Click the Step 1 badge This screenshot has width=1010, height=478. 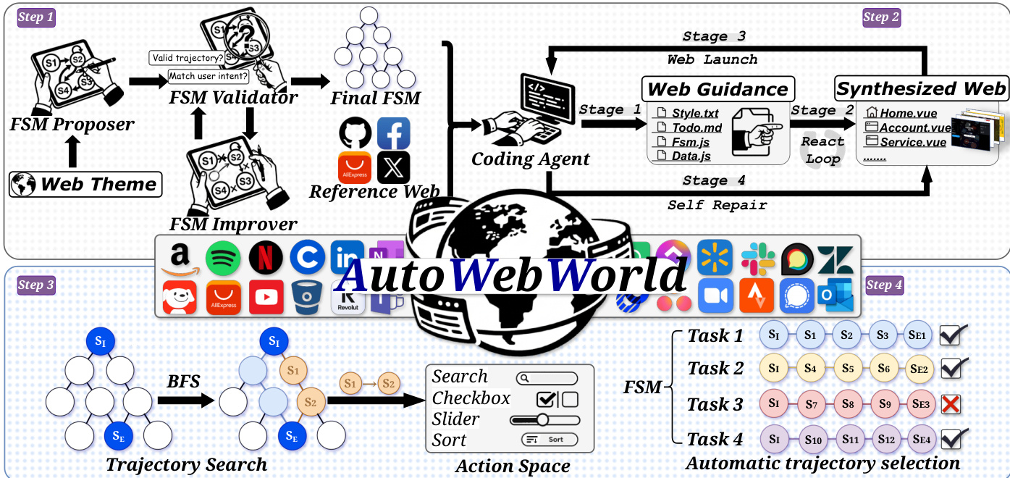tap(36, 17)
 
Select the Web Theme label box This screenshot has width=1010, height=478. tap(85, 184)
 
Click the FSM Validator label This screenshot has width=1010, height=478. tap(223, 98)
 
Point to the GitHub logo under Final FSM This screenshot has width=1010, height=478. tap(355, 133)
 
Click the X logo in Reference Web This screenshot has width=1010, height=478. tap(393, 167)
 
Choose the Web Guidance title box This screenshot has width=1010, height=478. tap(717, 89)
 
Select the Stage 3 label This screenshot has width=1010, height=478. tap(714, 36)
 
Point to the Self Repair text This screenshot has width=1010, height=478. tap(717, 205)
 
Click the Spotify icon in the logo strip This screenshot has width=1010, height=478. tap(223, 257)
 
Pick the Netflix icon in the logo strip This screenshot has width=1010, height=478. tap(266, 257)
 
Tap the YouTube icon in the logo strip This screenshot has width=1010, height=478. tap(266, 297)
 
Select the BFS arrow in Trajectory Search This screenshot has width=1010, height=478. tap(185, 400)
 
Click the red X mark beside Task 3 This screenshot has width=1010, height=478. tap(950, 403)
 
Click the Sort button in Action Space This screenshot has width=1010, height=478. tap(550, 440)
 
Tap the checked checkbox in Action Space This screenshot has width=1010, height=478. tap(547, 399)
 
